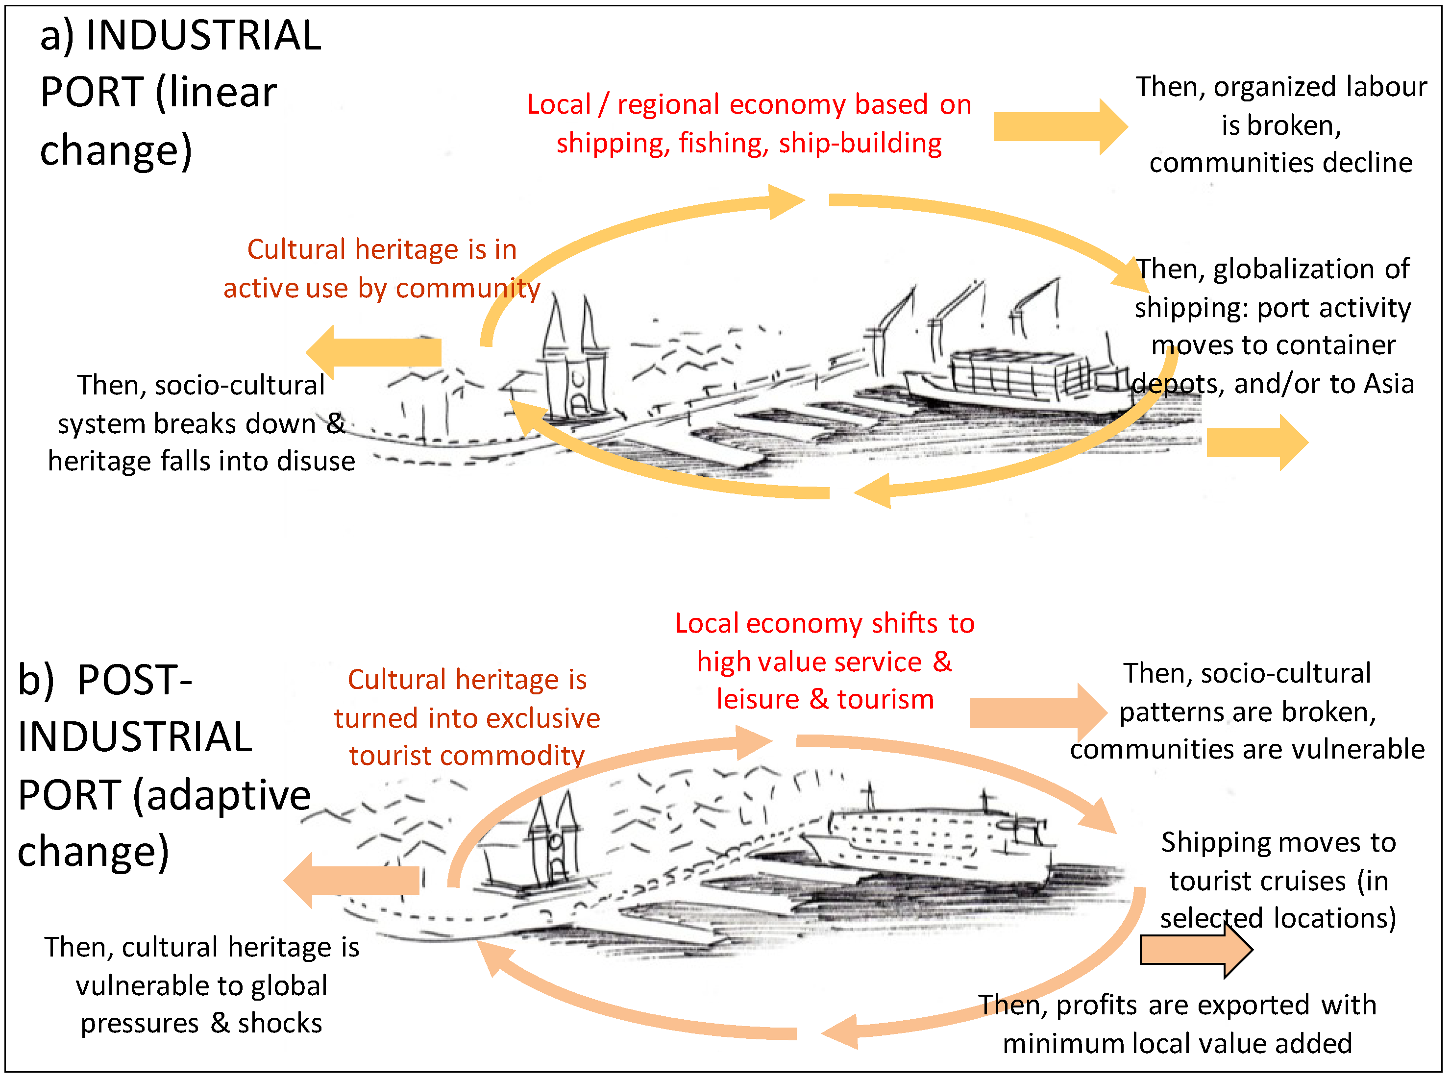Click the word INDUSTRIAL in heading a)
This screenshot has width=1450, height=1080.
(203, 35)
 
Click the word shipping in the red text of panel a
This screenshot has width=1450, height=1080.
(613, 143)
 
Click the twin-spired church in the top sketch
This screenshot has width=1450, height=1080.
(573, 366)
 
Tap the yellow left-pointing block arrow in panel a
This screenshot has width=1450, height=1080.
(374, 352)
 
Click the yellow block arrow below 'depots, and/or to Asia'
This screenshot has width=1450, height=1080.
(1254, 442)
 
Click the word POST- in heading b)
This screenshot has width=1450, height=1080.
(134, 680)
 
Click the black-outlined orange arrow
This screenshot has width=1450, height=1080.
(1194, 950)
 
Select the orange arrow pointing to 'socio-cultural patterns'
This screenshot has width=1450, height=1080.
(1036, 712)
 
